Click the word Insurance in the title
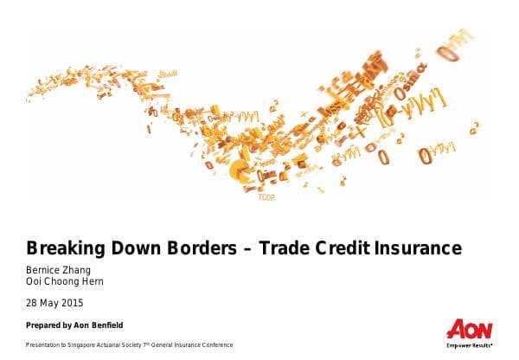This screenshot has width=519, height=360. click(x=420, y=248)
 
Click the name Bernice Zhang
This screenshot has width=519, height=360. click(x=59, y=269)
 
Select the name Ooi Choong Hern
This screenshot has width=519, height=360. click(x=66, y=281)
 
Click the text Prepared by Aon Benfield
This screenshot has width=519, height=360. click(x=74, y=325)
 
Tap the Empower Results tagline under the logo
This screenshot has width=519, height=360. click(x=470, y=345)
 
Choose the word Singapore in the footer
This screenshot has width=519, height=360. click(x=82, y=345)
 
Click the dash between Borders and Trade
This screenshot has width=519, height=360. click(x=249, y=249)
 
